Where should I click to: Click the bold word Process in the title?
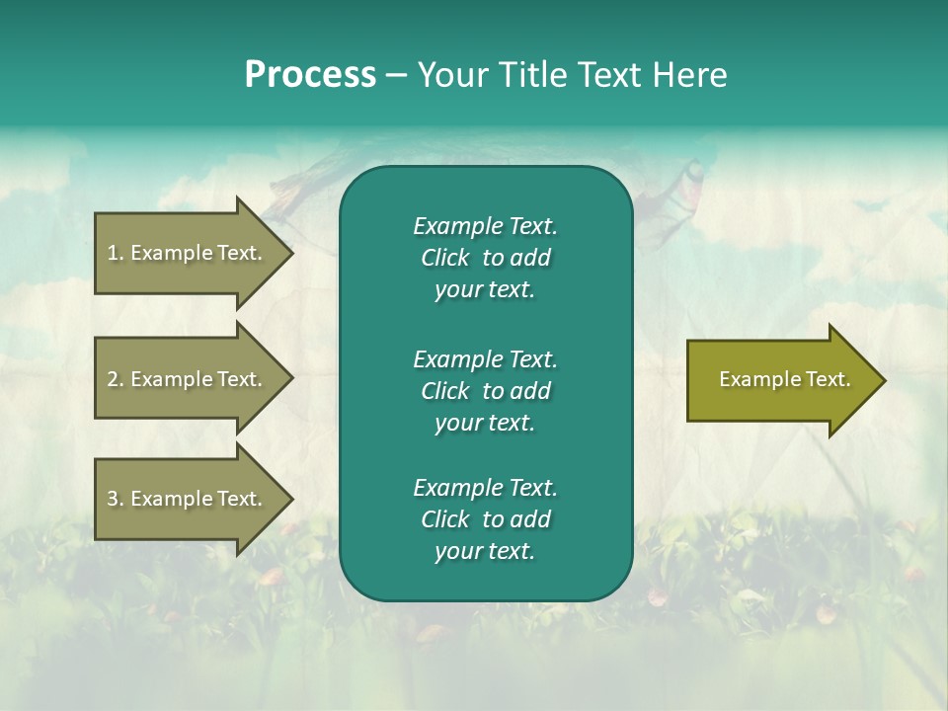[x=310, y=75]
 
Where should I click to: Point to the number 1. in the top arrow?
[x=115, y=253]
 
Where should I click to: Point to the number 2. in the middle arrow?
[x=115, y=379]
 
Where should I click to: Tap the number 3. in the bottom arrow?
[x=115, y=499]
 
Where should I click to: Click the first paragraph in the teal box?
[x=485, y=258]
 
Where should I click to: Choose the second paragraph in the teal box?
[x=485, y=391]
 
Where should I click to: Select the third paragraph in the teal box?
[x=485, y=519]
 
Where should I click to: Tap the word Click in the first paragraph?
[x=445, y=259]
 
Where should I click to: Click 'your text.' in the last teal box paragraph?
[x=485, y=552]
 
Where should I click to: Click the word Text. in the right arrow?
[x=827, y=379]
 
